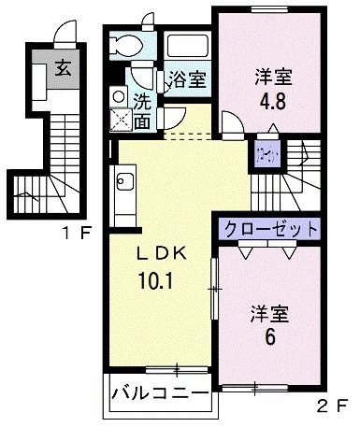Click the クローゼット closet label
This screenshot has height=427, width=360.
[x=270, y=228]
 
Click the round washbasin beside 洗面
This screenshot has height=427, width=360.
[x=117, y=95]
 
